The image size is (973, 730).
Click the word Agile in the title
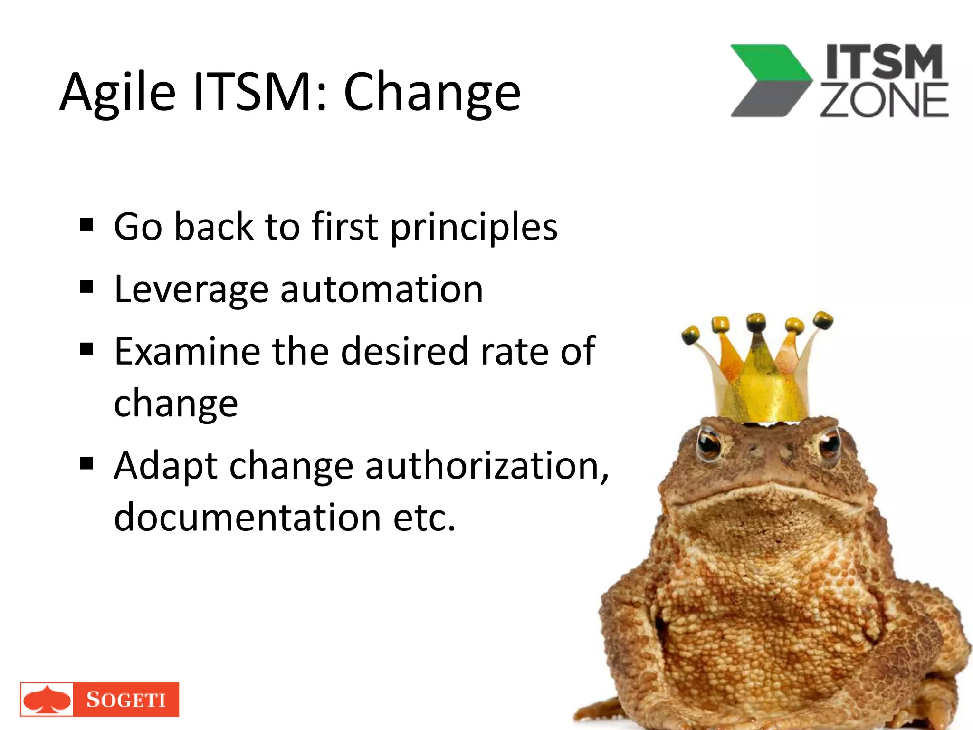pyautogui.click(x=118, y=93)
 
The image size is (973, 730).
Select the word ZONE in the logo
pyautogui.click(x=884, y=100)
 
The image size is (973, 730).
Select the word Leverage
pyautogui.click(x=191, y=290)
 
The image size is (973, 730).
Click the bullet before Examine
pyautogui.click(x=86, y=349)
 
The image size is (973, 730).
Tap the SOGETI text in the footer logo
pyautogui.click(x=126, y=700)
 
